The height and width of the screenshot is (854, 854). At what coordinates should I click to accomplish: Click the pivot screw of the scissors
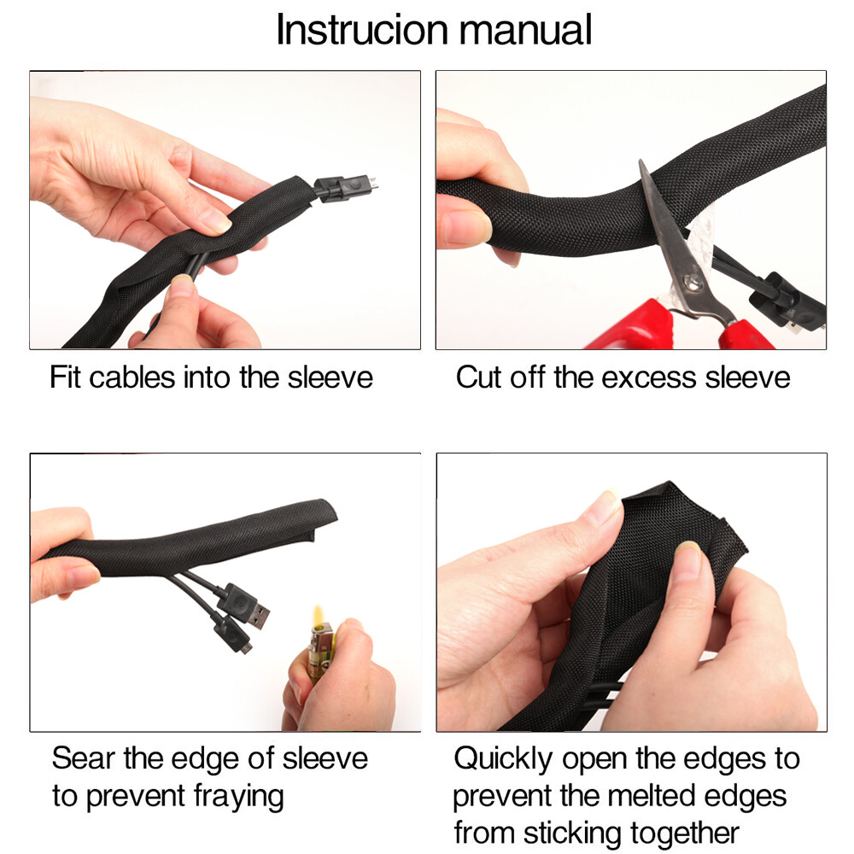[693, 283]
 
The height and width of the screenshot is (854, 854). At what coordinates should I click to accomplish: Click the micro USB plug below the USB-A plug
[233, 634]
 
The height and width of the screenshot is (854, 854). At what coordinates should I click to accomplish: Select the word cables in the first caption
[132, 377]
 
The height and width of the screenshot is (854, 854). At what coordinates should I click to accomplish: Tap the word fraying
[239, 797]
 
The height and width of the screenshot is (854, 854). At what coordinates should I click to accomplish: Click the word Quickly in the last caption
[503, 759]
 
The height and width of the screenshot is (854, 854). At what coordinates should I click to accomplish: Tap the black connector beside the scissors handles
[787, 303]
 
